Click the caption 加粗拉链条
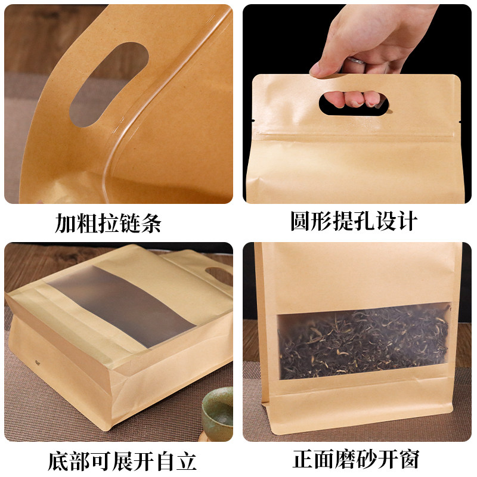(x=108, y=224)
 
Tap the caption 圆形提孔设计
(x=353, y=222)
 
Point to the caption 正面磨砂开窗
(x=356, y=459)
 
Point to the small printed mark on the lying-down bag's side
(x=88, y=360)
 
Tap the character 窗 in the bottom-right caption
(x=408, y=459)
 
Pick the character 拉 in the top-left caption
(x=108, y=224)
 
